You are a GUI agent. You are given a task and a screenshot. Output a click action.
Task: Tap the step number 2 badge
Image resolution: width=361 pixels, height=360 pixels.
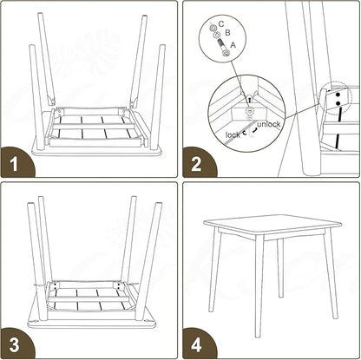click(198, 162)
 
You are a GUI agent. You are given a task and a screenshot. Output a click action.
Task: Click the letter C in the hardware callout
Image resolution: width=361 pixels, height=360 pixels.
click(221, 23)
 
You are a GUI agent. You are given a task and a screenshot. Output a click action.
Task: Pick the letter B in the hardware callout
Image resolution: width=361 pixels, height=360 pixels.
click(227, 33)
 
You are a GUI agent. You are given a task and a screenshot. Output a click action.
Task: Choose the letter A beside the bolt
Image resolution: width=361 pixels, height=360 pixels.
click(233, 45)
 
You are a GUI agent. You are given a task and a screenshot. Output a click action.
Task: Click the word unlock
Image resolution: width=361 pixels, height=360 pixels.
click(269, 124)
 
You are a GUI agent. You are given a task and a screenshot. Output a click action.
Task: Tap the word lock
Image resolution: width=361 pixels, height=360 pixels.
click(233, 134)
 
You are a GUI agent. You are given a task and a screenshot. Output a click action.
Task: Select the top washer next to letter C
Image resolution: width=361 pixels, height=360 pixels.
click(213, 28)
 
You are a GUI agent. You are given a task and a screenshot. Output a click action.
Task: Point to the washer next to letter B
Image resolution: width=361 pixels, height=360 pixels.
click(216, 36)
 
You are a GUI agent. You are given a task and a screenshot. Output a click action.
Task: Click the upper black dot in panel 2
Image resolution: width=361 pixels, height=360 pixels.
click(338, 95)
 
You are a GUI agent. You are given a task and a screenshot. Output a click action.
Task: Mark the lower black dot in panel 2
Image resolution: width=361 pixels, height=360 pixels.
click(338, 103)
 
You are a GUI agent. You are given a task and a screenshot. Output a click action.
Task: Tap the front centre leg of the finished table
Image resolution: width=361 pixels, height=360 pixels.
click(259, 286)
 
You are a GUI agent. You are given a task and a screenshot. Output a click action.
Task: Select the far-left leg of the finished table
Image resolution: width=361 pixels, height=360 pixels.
click(214, 269)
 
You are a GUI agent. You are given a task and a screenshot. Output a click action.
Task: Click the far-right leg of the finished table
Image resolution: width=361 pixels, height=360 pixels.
click(331, 275)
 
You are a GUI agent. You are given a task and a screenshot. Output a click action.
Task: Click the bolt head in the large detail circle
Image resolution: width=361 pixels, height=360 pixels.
click(248, 111)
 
